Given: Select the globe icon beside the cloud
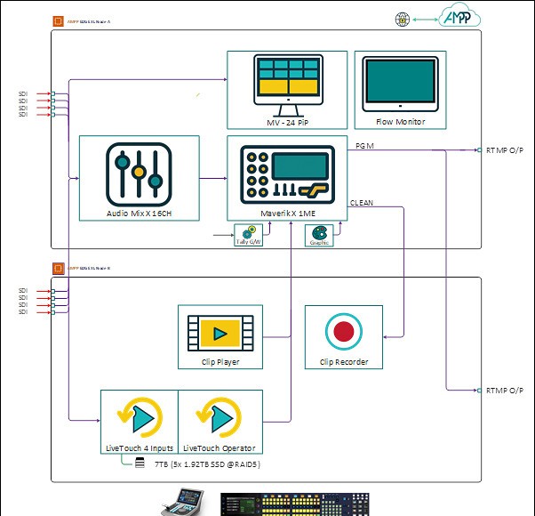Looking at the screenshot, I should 403,18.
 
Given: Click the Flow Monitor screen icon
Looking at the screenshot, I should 401,84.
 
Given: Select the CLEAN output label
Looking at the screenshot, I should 362,203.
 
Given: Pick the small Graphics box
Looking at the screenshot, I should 318,236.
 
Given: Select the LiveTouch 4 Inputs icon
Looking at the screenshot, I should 140,417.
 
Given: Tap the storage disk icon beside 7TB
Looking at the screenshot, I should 140,464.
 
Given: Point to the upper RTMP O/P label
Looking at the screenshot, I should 504,151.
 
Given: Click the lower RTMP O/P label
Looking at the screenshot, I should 504,391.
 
